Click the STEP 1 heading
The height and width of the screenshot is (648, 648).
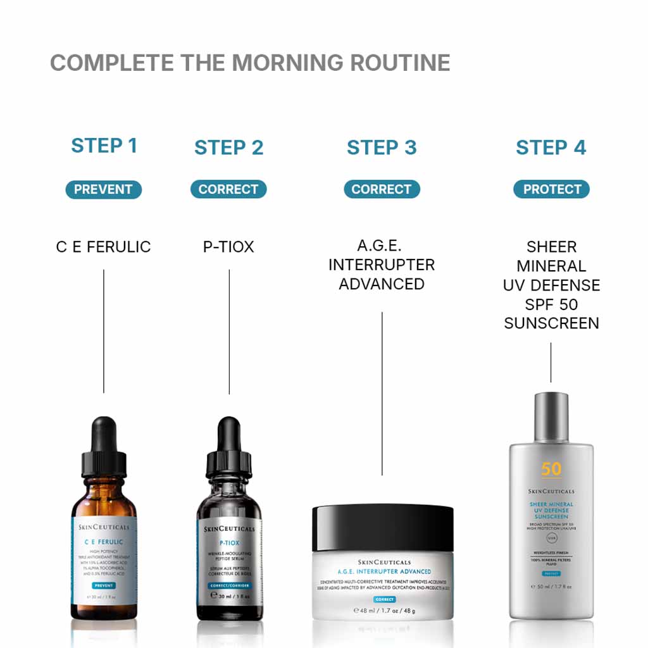tap(104, 146)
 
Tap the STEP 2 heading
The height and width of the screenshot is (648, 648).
tap(228, 147)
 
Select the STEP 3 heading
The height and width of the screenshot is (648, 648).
tap(382, 147)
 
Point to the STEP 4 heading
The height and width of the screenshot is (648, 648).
tap(551, 147)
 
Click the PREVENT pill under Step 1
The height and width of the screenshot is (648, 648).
tap(103, 189)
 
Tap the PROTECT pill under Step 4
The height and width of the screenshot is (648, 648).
tap(552, 189)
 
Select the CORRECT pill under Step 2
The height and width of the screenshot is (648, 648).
tap(228, 189)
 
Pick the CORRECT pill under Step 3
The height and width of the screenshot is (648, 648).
tap(382, 189)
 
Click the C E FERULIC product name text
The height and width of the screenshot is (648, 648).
tap(103, 247)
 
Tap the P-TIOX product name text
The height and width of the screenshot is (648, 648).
tap(228, 247)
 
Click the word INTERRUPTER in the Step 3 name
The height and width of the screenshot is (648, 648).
tap(382, 265)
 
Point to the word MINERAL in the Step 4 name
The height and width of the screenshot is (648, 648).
tap(551, 266)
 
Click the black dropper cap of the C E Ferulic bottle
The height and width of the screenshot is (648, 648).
tap(104, 447)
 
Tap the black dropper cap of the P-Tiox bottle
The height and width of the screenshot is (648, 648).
tap(228, 447)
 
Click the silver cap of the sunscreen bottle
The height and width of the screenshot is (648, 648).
tap(551, 417)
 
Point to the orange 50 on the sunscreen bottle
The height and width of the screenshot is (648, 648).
tap(551, 469)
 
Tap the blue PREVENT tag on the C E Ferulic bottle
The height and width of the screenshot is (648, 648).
tap(103, 586)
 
